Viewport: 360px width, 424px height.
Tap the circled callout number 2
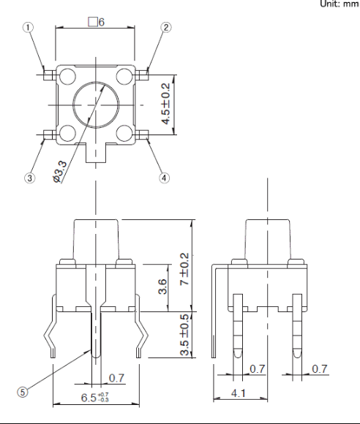coord(166,27)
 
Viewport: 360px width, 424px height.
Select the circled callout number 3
coord(29,178)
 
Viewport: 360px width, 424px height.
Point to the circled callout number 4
coord(164,178)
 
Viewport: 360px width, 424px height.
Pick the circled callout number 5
coord(23,392)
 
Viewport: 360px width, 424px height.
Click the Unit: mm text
coord(340,4)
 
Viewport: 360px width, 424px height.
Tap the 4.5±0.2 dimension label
coord(166,104)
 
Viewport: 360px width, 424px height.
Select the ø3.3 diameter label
coord(60,172)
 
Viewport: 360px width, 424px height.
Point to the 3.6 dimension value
coord(162,287)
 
